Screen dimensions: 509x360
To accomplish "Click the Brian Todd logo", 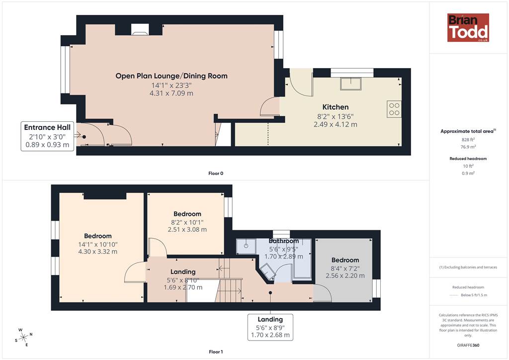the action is [468, 27].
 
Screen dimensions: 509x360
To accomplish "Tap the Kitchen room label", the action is [336, 107].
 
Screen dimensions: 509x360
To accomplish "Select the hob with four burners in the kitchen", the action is [394, 109].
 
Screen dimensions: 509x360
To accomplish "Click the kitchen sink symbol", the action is [350, 84].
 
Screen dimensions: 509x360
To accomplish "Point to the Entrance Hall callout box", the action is [47, 136].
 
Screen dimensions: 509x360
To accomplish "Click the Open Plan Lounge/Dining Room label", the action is [171, 76].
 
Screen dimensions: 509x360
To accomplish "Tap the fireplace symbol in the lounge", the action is [140, 29].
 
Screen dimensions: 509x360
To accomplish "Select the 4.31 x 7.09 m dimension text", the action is [171, 93].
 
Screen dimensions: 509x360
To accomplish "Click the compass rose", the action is [24, 338].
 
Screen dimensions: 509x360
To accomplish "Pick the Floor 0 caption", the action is [216, 174].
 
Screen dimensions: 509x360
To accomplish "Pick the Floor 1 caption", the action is [216, 352].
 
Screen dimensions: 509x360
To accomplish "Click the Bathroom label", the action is [284, 241].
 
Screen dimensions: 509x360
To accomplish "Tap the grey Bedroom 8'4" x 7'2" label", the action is [345, 260].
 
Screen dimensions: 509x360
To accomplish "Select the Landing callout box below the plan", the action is [270, 327].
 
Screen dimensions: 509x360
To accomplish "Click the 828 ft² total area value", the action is [468, 140].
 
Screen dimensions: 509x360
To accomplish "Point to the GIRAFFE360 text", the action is [468, 345].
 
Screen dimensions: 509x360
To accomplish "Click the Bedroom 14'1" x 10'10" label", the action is [98, 236].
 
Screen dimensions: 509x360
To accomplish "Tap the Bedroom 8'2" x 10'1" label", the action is [187, 214].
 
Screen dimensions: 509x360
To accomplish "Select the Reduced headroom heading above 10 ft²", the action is [468, 159].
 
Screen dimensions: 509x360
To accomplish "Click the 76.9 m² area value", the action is [468, 147].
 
